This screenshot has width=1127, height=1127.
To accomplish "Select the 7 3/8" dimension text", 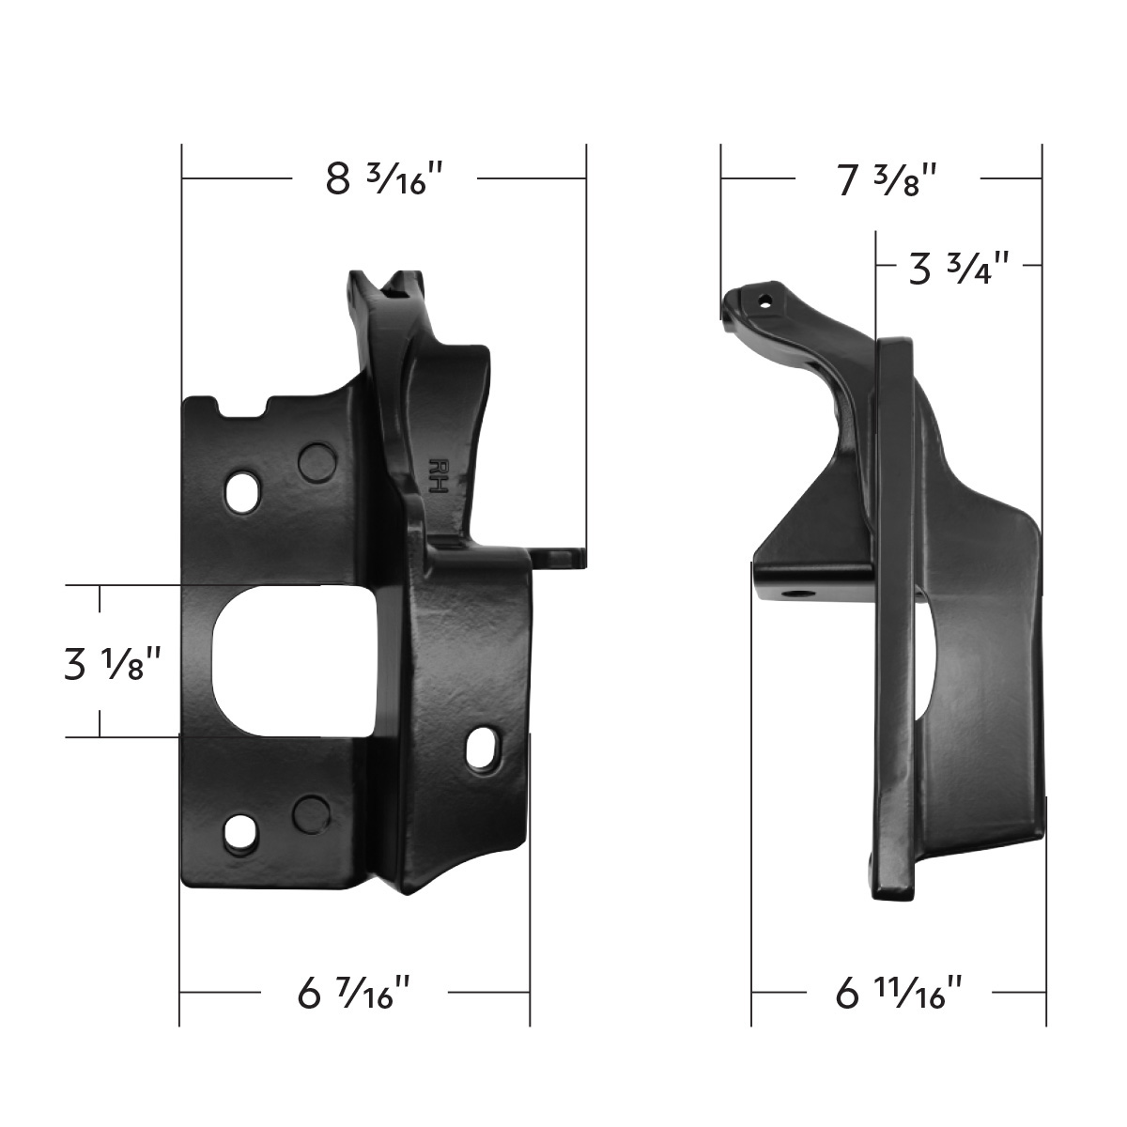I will [887, 178].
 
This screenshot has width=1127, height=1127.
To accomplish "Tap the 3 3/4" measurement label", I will [958, 268].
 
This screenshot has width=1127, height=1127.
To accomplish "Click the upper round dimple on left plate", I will [316, 459].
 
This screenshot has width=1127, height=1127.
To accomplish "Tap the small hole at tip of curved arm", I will [765, 301].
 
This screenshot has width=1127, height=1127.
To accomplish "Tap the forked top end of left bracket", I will [385, 286].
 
